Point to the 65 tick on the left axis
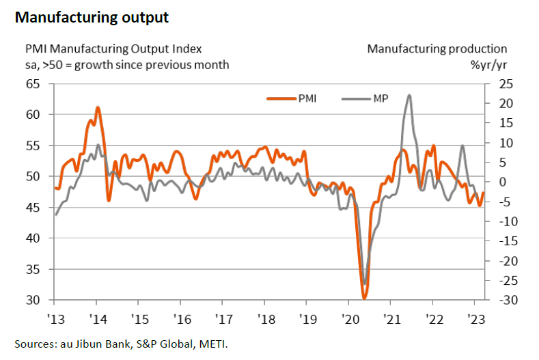pyautogui.click(x=32, y=84)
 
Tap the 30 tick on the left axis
pyautogui.click(x=32, y=300)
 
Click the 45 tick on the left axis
pyautogui.click(x=32, y=208)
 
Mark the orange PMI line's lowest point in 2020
pyautogui.click(x=365, y=299)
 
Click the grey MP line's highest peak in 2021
pyautogui.click(x=409, y=95)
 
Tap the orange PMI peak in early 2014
pyautogui.click(x=98, y=107)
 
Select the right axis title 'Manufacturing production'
pyautogui.click(x=437, y=49)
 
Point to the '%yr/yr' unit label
pyautogui.click(x=488, y=65)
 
